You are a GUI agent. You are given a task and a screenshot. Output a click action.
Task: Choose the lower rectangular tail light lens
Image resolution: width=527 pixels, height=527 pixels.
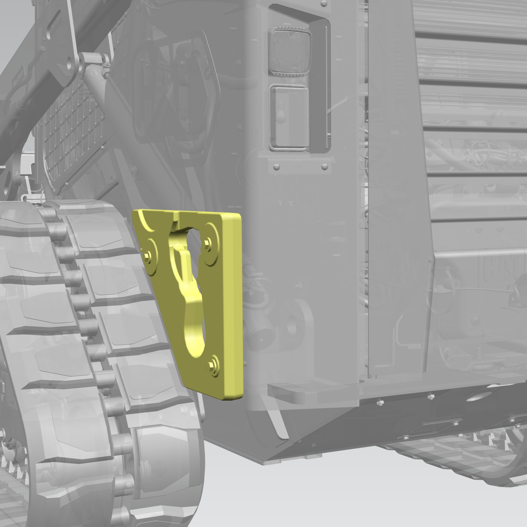click(x=289, y=117)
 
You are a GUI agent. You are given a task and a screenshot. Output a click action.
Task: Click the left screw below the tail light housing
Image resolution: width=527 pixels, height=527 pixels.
click(x=276, y=167)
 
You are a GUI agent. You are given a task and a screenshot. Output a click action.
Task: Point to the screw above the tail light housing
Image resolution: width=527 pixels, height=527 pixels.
click(x=324, y=4)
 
